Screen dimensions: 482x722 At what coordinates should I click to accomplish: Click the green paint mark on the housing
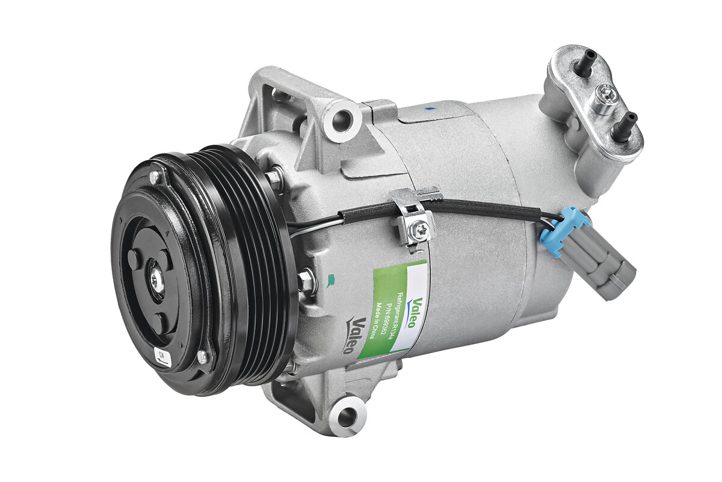(x=330, y=279)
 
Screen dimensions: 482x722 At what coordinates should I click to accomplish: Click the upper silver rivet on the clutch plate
(x=155, y=177)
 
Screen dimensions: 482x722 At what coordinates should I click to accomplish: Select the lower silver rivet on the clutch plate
(x=203, y=357)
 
